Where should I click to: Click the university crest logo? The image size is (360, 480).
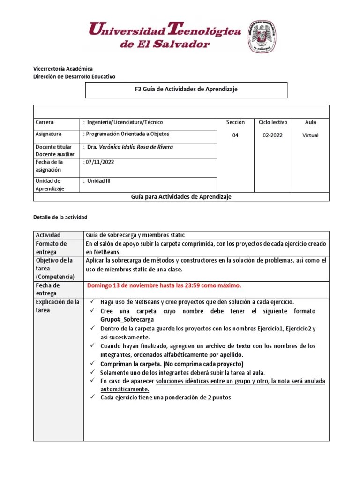coord(262,37)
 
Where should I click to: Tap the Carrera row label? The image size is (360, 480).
coord(45,122)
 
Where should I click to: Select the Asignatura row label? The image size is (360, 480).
coord(49,134)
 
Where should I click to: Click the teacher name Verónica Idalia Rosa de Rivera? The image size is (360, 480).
coord(130,147)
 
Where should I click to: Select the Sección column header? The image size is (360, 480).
coord(235,122)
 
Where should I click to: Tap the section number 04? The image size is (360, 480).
coord(235,135)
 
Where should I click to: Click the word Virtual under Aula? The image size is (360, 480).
coord(310,135)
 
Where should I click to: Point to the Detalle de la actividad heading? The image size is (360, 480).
coord(60,217)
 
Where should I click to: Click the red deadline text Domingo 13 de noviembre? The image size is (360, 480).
coord(164,285)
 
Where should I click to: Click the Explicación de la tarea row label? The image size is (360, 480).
coord(58,306)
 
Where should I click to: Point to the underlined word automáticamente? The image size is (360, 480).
coord(125,390)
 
